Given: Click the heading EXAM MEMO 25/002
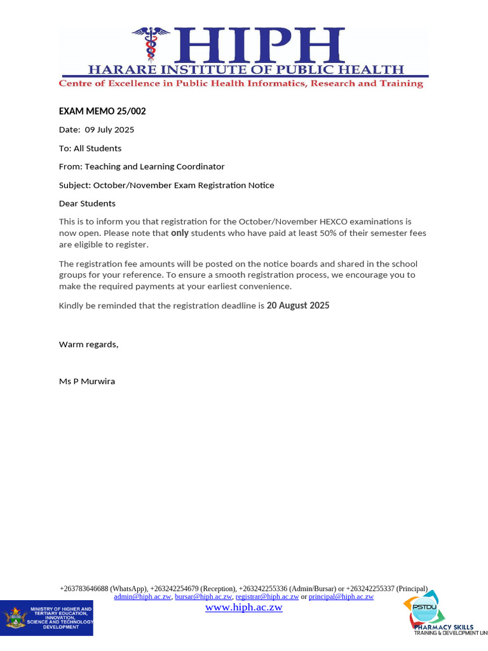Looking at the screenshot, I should tap(102, 111).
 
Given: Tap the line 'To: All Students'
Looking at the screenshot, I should tap(90, 148).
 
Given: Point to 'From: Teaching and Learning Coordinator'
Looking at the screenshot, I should tap(142, 167).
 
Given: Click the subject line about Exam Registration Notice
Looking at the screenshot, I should tap(166, 185).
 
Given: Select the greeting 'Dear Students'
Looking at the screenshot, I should tap(87, 203).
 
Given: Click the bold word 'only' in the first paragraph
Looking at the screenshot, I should tap(180, 233).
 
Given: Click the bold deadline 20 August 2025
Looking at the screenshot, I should tap(298, 306).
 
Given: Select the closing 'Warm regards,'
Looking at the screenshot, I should tap(88, 344).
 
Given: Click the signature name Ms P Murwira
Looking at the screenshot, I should tap(87, 381).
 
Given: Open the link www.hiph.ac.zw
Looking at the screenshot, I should tap(243, 608).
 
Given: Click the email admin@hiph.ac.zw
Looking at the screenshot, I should tap(142, 597).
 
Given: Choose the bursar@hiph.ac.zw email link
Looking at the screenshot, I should tap(203, 597).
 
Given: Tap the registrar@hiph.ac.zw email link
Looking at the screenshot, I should tap(267, 597).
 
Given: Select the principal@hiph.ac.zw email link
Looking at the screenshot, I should tap(341, 597).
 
